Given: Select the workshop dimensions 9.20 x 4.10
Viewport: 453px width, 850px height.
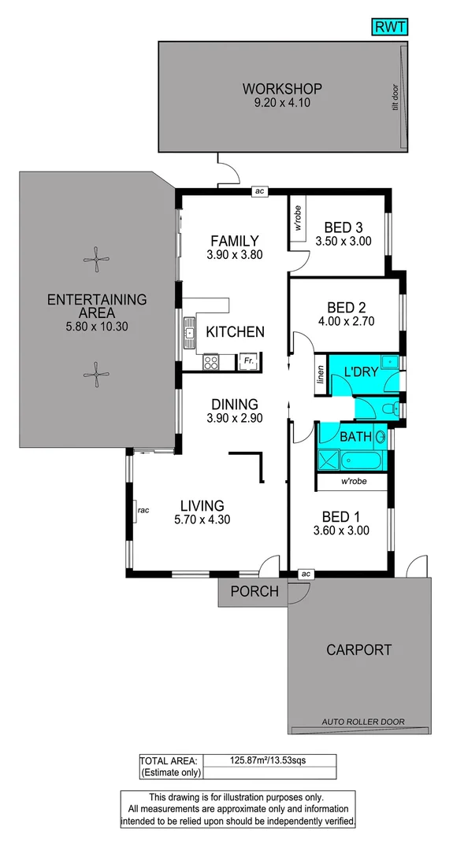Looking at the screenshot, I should (x=281, y=102).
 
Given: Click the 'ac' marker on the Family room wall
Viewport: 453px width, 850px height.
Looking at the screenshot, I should (x=258, y=190).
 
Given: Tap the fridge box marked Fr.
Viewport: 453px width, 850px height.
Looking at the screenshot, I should (x=248, y=361).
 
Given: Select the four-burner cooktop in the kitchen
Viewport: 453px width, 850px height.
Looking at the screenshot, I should (x=211, y=362).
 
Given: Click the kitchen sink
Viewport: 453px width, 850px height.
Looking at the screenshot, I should (x=189, y=334).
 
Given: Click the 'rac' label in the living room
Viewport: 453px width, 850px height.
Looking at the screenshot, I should (x=143, y=510).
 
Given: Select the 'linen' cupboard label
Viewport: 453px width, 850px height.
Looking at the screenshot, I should (x=320, y=375).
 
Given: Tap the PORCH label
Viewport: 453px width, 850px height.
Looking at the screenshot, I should (x=254, y=591).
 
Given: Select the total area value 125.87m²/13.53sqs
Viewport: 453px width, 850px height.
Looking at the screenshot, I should (x=269, y=760).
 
